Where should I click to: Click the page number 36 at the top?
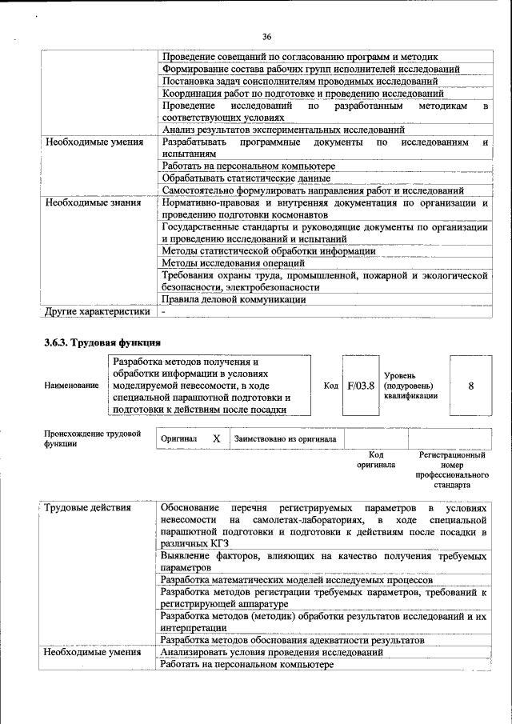(266, 36)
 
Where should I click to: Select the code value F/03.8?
(360, 385)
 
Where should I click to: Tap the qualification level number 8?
(470, 385)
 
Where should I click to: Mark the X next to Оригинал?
(215, 438)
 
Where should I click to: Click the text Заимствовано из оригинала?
(285, 438)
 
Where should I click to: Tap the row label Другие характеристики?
(97, 311)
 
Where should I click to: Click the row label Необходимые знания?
(93, 203)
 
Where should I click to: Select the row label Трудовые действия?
(88, 508)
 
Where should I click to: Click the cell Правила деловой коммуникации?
(234, 299)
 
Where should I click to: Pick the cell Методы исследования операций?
(233, 263)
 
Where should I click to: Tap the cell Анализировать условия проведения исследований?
(271, 653)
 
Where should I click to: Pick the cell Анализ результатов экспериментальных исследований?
(282, 130)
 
